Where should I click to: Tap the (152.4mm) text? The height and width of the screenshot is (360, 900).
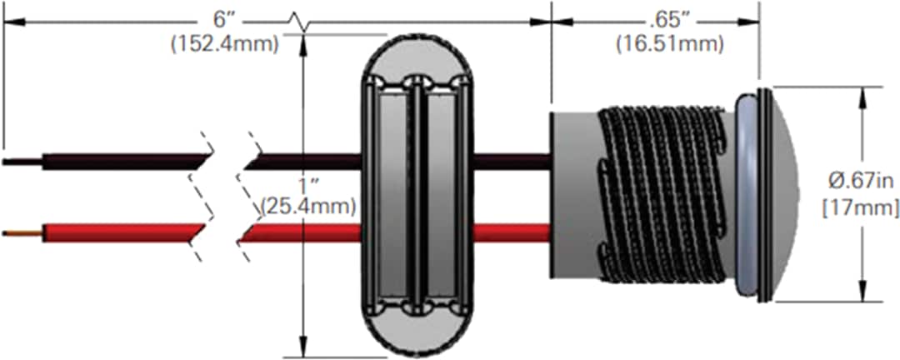coord(224,44)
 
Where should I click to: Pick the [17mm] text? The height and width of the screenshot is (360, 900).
coord(860,205)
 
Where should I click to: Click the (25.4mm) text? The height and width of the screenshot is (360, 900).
coord(308,202)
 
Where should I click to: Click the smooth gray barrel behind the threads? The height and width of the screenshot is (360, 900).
coord(573,196)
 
